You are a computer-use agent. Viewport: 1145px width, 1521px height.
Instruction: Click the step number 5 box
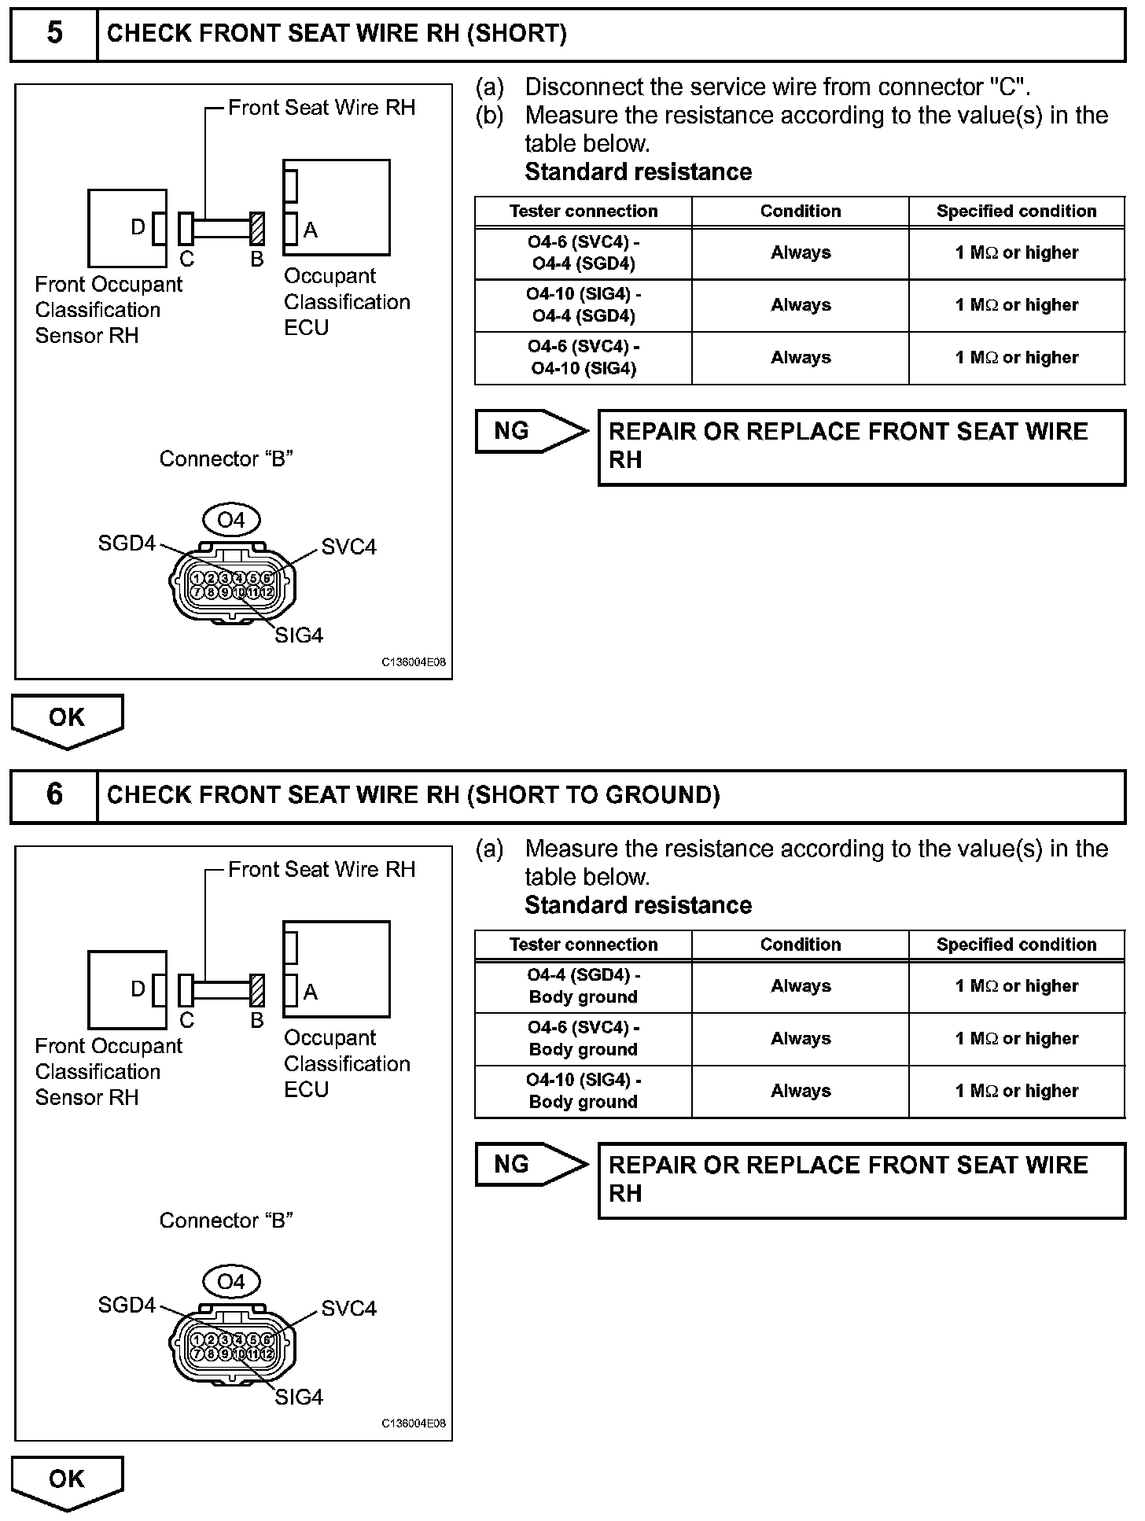(53, 34)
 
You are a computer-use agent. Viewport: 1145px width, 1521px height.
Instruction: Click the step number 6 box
(53, 795)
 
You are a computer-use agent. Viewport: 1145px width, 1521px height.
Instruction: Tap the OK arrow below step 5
(67, 719)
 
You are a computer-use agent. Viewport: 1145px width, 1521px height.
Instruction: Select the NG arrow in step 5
(530, 431)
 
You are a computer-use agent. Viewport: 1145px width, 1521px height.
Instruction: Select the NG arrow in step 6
(530, 1164)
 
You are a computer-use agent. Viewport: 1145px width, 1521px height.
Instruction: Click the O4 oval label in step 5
(230, 520)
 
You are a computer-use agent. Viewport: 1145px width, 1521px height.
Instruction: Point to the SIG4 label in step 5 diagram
(299, 635)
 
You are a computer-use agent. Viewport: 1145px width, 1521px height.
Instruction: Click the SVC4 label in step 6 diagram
(348, 1309)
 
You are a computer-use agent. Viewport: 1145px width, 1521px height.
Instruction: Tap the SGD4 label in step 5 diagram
(127, 543)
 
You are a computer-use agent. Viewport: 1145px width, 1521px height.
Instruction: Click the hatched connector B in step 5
(256, 229)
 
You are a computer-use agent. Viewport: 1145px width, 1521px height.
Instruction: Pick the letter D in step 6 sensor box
(138, 989)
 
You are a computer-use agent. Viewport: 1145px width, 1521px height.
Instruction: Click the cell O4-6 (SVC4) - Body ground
(583, 1038)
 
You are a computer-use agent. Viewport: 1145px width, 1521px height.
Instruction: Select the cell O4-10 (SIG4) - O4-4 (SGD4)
(583, 305)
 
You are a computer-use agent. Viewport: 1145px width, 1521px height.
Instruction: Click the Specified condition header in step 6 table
(1016, 945)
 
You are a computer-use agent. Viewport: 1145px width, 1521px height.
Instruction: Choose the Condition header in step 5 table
(800, 212)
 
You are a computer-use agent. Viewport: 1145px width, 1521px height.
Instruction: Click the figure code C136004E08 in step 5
(414, 662)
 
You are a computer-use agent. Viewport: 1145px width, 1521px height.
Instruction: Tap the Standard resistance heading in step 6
(638, 905)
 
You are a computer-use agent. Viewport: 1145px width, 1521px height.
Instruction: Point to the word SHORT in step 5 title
(516, 34)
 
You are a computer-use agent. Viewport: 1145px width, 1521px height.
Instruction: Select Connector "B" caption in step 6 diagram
(226, 1221)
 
